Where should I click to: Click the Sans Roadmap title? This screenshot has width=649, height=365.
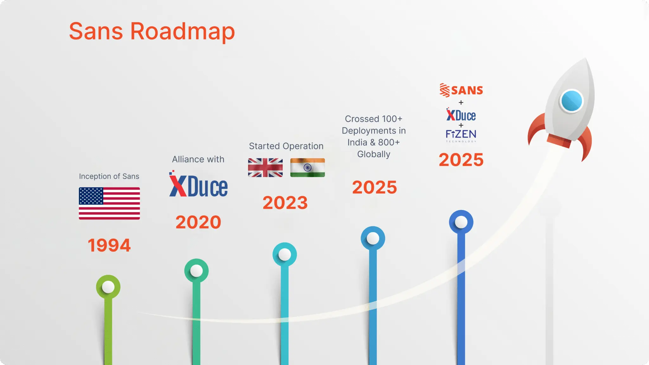tap(152, 32)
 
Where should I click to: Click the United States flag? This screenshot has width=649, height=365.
tap(109, 203)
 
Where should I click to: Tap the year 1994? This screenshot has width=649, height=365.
tap(109, 245)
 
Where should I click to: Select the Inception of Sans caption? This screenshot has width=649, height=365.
tap(109, 176)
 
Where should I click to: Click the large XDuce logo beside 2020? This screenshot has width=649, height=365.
tap(198, 184)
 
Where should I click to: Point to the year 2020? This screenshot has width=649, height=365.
tap(198, 222)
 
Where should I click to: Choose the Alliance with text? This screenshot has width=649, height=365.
tap(198, 159)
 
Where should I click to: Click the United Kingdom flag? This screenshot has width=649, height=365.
tap(265, 167)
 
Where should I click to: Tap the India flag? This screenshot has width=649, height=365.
tap(307, 167)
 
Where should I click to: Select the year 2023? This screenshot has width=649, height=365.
tap(285, 203)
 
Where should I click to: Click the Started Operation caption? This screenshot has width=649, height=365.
tap(286, 146)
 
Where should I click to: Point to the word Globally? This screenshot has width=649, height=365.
tap(374, 154)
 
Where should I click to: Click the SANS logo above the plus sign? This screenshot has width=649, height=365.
tap(461, 90)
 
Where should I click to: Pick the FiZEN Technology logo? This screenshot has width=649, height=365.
tap(461, 136)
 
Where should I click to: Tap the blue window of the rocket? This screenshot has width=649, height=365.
tap(572, 101)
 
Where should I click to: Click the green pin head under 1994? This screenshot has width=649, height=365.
tap(108, 287)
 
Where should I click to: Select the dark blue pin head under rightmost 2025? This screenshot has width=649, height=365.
tap(461, 222)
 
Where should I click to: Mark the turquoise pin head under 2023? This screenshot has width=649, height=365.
tap(285, 254)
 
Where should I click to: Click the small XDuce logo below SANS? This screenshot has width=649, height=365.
tap(461, 115)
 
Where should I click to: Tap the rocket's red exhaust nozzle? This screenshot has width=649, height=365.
tap(559, 141)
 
